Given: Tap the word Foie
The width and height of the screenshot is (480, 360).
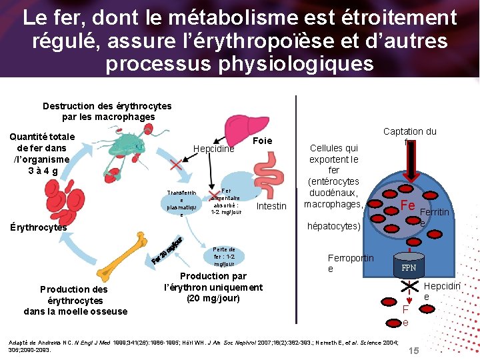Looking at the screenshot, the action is click(x=263, y=141).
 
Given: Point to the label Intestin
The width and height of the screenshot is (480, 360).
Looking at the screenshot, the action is click(x=271, y=206).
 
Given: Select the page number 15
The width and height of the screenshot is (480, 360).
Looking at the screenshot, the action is click(x=413, y=351).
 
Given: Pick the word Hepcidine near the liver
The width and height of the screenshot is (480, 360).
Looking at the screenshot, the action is click(x=213, y=149).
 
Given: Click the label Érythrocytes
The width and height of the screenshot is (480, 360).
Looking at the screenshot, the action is click(x=38, y=227).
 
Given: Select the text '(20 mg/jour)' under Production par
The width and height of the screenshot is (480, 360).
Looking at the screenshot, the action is click(x=213, y=298).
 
